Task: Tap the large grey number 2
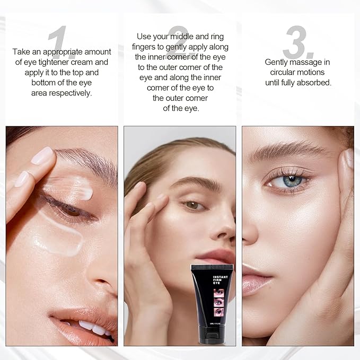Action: coord(179,40)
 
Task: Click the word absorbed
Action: coord(316,82)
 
